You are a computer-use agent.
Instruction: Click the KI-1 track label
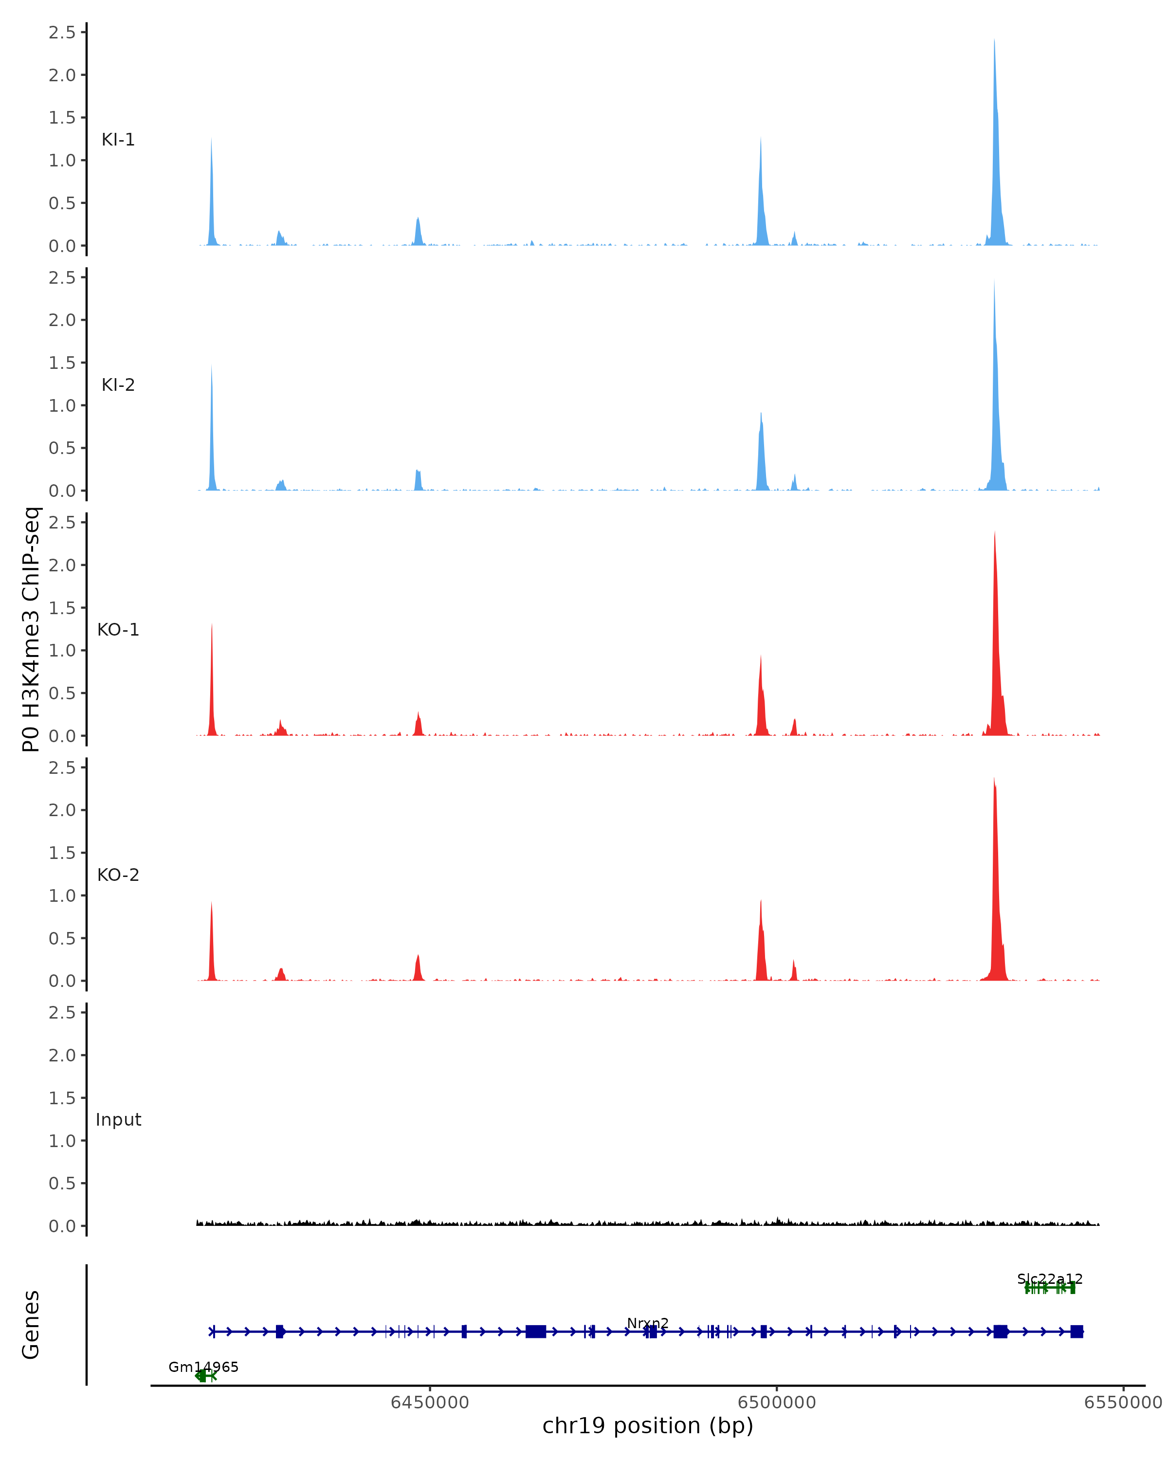118,140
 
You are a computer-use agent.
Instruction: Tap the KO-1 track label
118,630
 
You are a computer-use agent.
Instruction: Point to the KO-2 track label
118,875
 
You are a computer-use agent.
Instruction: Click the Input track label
118,1120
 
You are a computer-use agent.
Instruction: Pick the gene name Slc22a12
1050,1279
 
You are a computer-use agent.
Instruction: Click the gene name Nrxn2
647,1323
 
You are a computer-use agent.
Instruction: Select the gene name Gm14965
203,1367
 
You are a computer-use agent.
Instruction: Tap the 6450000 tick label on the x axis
429,1403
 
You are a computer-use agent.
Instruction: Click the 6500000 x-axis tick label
777,1403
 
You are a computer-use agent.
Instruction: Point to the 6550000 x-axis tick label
1123,1403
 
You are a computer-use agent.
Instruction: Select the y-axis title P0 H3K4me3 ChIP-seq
31,629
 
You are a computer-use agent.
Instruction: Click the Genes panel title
31,1325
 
